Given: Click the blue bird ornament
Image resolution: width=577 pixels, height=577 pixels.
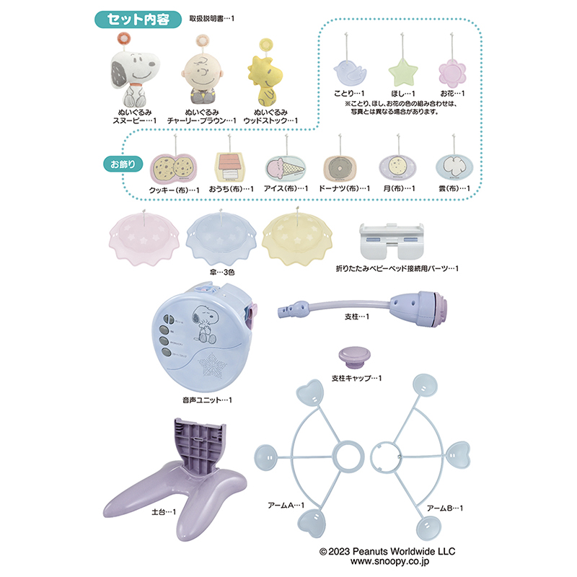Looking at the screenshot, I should coord(348,71).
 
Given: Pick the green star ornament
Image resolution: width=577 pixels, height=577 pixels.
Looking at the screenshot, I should coord(402,71).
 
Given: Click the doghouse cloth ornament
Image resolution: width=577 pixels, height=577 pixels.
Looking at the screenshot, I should coord(231,167).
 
